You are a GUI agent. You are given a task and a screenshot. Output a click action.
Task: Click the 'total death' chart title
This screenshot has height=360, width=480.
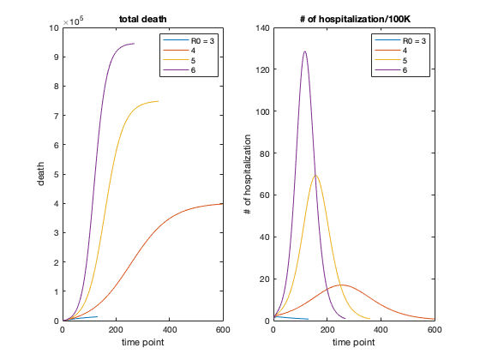coord(142,18)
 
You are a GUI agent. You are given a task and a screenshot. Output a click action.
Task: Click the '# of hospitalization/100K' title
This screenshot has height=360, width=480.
coord(354,18)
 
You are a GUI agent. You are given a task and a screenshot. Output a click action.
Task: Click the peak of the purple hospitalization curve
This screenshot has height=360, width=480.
coord(305,51)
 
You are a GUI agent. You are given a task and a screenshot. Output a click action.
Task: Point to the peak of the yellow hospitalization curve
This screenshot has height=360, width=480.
coord(316,176)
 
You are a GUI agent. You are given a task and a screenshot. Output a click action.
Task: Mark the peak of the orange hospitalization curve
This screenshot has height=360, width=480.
coord(342,285)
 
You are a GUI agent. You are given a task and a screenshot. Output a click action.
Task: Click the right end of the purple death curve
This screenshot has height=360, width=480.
coord(134,44)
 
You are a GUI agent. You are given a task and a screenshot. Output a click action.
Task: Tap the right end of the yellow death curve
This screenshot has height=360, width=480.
coord(158,101)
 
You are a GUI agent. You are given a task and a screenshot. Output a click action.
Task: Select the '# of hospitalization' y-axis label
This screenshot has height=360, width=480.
coord(249,174)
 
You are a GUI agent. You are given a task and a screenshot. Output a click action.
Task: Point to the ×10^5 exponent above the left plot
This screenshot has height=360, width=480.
coord(74,20)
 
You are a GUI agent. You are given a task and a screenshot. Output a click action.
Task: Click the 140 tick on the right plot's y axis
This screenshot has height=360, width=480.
coord(261,28)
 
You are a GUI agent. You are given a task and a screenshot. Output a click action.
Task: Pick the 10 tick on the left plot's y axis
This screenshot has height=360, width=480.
coord(55,28)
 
